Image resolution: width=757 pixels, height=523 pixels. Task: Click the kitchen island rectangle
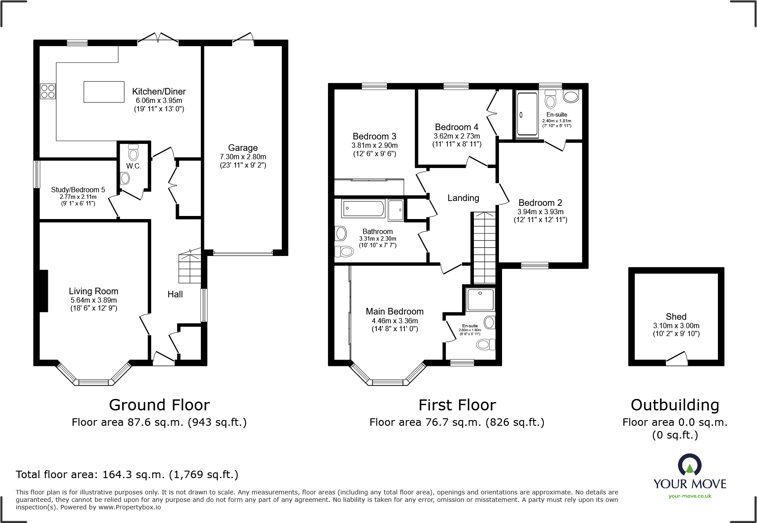104,92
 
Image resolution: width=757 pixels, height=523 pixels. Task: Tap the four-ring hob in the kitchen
47,91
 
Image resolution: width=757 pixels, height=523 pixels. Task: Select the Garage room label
243,148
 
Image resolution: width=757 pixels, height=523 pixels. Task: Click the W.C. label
133,166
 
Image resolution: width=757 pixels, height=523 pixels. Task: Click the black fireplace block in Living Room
43,291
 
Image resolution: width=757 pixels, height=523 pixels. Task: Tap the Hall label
175,294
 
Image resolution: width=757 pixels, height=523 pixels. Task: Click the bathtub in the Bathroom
363,208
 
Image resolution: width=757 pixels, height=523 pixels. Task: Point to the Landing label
463,198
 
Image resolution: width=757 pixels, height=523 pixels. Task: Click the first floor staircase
484,248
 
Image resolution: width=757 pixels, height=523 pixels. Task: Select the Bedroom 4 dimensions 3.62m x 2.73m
457,136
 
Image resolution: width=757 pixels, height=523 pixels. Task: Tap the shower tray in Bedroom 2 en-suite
527,114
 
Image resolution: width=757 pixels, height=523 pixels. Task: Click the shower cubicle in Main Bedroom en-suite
480,300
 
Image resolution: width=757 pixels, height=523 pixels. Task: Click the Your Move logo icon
689,465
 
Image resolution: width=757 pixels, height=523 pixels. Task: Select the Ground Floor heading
159,405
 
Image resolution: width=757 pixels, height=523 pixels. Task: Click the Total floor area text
127,475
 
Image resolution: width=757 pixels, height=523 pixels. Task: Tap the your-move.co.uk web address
690,496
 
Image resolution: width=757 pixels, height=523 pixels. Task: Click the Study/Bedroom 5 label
78,190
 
